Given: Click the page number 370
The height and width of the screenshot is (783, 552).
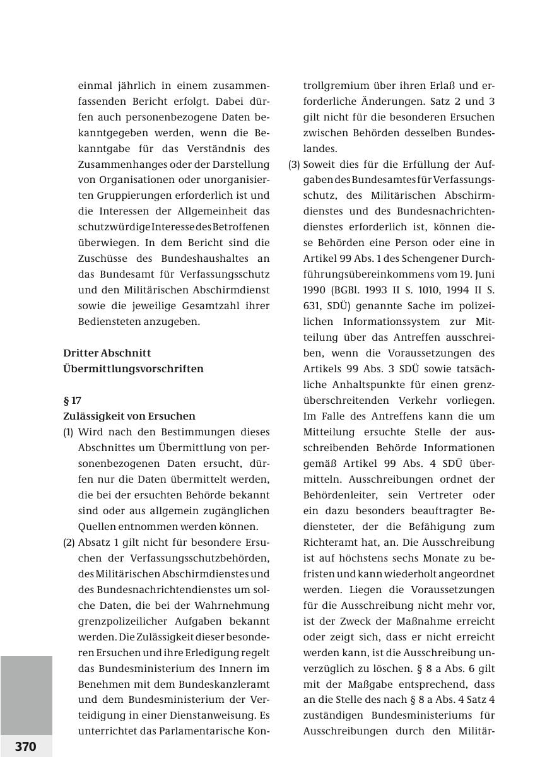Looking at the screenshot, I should [26, 746].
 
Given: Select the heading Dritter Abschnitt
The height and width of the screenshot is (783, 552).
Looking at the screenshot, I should [107, 353].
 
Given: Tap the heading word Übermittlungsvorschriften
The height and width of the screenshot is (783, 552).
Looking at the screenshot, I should [133, 368].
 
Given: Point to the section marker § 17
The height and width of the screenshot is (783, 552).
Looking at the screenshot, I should [72, 400].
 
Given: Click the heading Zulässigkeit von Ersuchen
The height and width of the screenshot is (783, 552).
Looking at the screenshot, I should [129, 416].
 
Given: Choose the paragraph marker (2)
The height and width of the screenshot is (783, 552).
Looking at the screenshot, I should [69, 542].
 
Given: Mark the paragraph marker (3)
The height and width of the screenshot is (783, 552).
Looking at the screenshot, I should [294, 164].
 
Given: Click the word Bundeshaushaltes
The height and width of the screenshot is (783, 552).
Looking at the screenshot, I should [201, 258].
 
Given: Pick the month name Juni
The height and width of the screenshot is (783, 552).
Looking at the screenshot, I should [484, 274].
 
